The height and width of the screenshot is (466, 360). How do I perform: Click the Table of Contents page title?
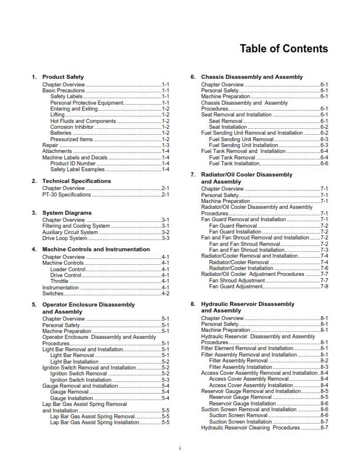[284, 49]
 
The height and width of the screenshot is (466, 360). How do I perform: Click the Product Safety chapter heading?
[63, 77]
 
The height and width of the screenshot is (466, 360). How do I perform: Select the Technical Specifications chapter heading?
[76, 181]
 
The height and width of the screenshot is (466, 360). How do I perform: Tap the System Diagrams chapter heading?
[67, 212]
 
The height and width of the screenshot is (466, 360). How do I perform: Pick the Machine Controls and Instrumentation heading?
[96, 249]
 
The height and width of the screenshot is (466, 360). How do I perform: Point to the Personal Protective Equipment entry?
[86, 103]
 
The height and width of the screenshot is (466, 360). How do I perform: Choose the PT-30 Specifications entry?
[66, 195]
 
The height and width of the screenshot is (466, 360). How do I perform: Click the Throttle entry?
[59, 281]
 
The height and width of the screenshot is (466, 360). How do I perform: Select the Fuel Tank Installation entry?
[235, 164]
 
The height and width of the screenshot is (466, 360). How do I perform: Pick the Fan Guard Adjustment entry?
[236, 287]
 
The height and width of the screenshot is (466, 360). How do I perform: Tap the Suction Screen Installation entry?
[241, 422]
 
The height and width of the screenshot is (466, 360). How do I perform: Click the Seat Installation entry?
[228, 127]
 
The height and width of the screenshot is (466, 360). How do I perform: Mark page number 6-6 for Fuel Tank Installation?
[324, 164]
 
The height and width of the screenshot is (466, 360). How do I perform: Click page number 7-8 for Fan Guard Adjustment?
[324, 287]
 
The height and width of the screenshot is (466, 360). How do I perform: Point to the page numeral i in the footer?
[180, 448]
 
